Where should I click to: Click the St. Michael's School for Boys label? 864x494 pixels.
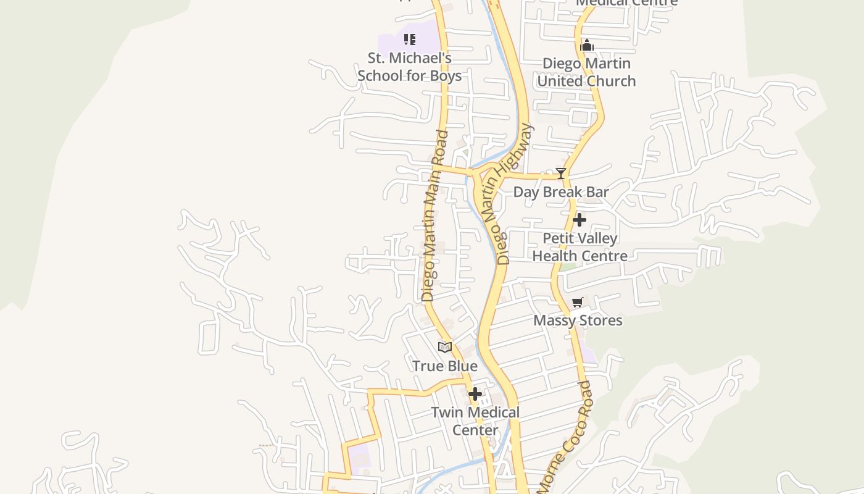(x=409, y=67)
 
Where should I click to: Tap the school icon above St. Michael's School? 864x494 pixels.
(x=410, y=40)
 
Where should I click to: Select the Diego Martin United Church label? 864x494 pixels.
(x=586, y=72)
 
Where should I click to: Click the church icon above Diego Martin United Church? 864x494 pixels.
(x=587, y=45)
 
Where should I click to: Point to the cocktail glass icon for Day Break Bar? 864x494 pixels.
(x=561, y=174)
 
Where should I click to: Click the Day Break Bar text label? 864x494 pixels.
(x=561, y=192)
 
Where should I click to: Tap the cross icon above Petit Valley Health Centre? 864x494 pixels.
(x=579, y=220)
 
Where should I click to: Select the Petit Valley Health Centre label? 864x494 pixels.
(x=579, y=247)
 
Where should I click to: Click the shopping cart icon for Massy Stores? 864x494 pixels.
(x=578, y=302)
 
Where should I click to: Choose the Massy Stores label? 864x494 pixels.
(x=578, y=320)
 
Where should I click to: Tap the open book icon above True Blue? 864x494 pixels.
(x=445, y=347)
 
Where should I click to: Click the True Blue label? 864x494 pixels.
(x=445, y=366)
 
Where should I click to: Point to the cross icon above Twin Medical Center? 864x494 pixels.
(x=475, y=393)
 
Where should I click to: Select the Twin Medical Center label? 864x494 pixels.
(x=475, y=421)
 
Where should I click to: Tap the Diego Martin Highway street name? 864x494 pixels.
(x=513, y=193)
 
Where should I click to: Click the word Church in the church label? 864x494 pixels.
(x=610, y=81)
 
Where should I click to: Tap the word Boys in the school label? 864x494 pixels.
(x=446, y=76)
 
